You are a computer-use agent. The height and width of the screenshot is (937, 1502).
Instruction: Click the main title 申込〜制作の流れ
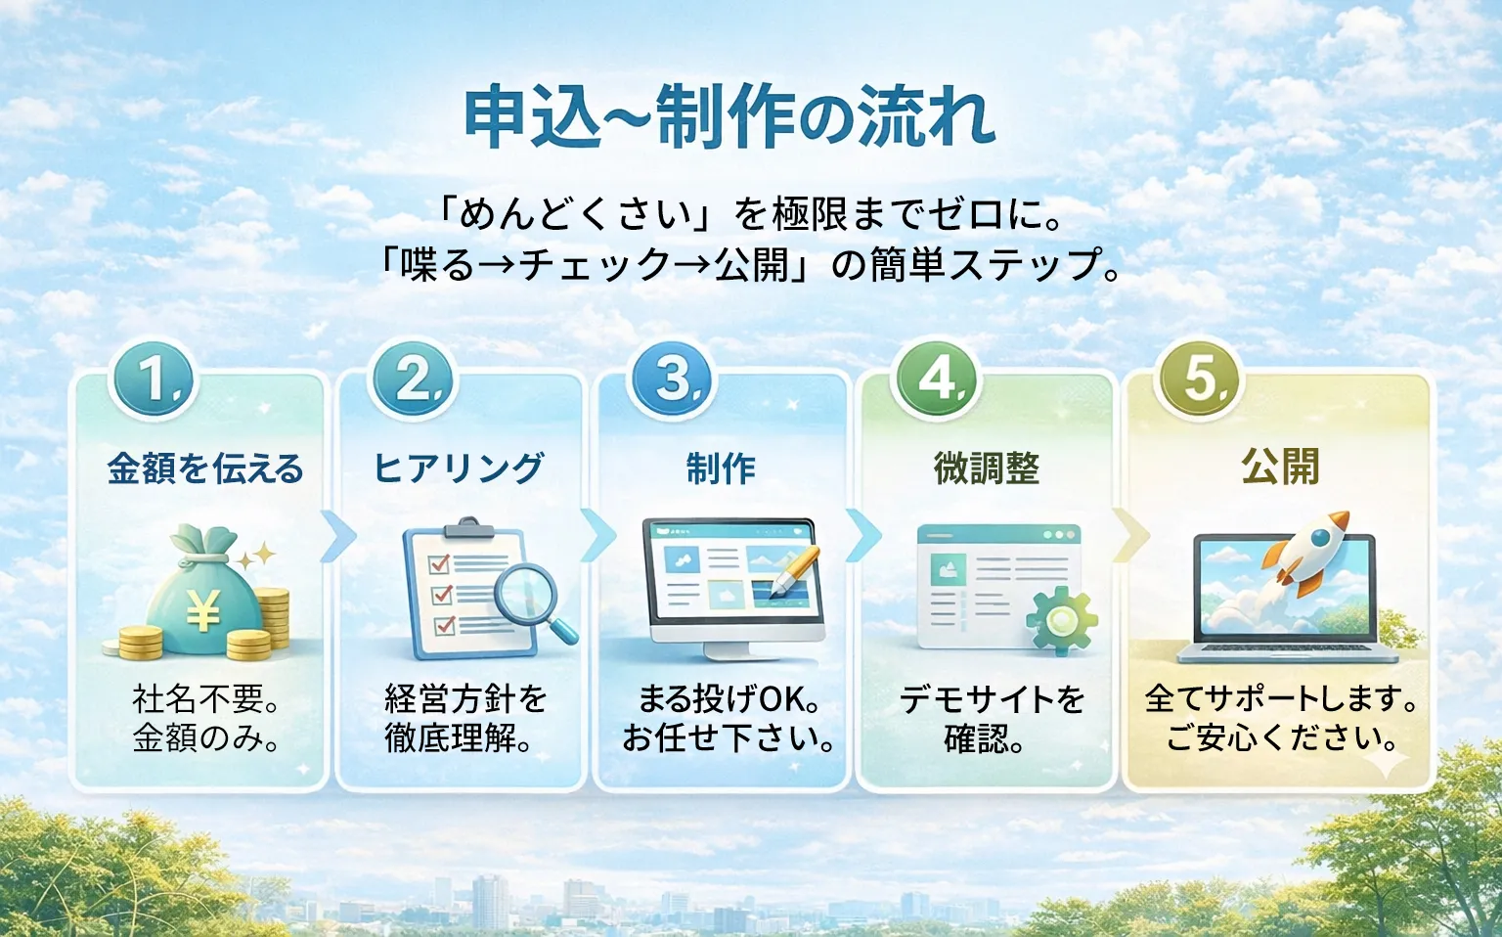(x=729, y=117)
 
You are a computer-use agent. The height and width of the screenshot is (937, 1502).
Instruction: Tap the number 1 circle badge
(x=155, y=379)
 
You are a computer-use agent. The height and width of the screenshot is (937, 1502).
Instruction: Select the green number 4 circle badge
(x=936, y=379)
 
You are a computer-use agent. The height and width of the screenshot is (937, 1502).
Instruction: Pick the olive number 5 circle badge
(x=1199, y=379)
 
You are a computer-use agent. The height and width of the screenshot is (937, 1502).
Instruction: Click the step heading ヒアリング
(x=459, y=468)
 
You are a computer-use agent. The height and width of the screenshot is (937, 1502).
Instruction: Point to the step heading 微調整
(x=986, y=468)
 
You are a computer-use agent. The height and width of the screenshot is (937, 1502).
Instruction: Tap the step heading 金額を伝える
(x=205, y=468)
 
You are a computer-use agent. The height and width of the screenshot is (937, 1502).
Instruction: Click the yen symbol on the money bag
(x=202, y=612)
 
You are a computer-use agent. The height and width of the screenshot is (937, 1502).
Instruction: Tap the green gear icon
(x=1061, y=619)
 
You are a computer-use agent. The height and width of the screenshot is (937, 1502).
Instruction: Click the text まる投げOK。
(x=729, y=698)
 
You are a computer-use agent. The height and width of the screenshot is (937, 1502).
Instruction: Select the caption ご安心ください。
(x=1281, y=737)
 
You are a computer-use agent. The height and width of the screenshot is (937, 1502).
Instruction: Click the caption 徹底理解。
(x=459, y=738)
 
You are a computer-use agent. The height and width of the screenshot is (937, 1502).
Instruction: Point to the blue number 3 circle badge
(x=674, y=379)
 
